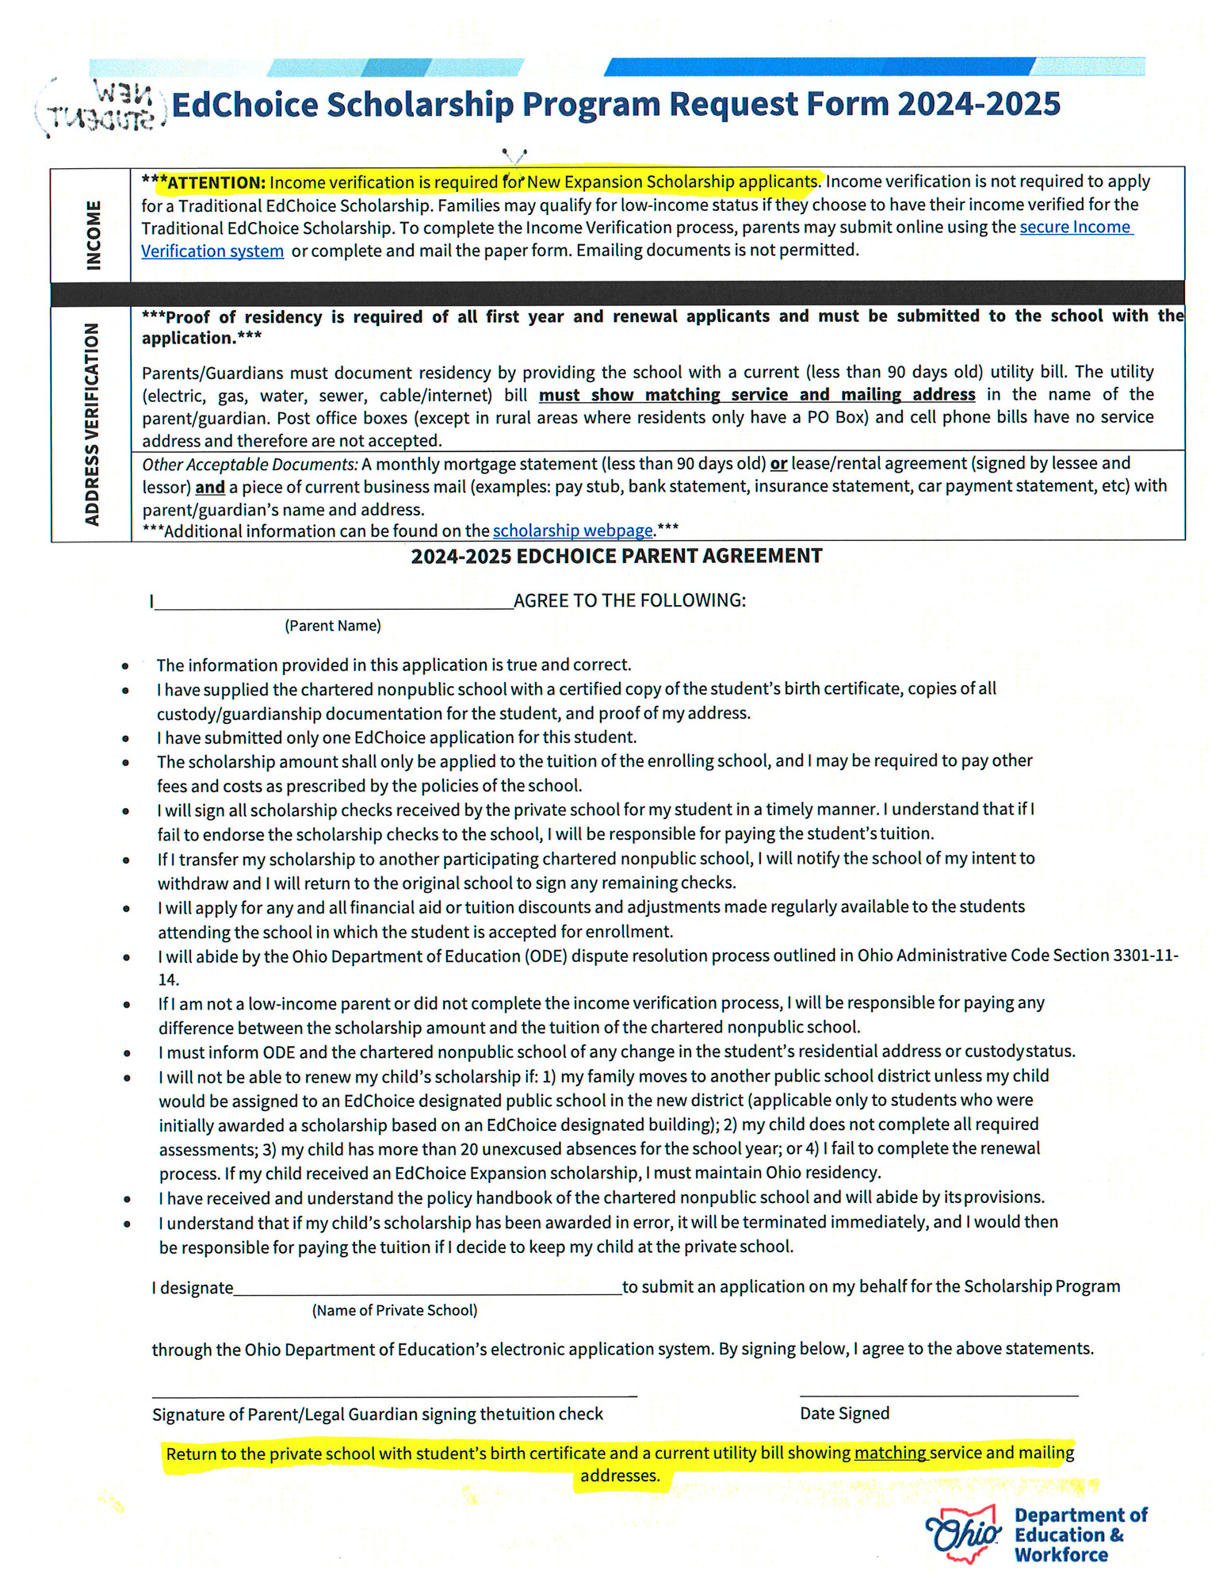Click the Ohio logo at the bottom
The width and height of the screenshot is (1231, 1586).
pos(963,1534)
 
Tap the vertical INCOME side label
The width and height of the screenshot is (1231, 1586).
pos(93,235)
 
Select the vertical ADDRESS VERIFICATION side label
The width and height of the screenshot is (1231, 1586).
pos(92,423)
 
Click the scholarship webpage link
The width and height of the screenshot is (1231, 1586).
pos(572,530)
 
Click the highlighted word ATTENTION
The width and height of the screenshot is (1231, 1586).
pos(216,182)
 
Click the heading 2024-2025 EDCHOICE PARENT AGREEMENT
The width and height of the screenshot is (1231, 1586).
pos(616,556)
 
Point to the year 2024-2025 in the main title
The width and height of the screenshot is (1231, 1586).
pos(978,104)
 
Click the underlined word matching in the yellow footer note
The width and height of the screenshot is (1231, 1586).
pos(889,1453)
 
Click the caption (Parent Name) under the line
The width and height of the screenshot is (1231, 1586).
pos(333,626)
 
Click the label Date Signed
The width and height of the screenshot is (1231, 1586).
pos(844,1413)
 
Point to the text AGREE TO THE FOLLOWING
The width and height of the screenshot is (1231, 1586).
pos(629,600)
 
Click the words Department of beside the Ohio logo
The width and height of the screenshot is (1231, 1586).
pos(1080,1515)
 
